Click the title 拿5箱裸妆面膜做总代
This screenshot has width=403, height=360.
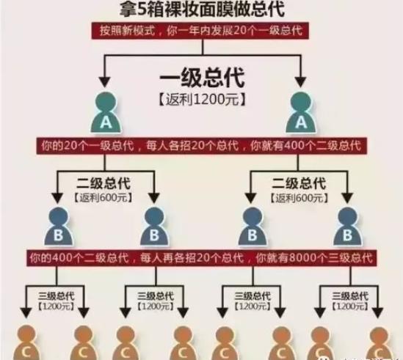coord(201,10)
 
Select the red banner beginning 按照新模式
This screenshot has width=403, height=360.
coord(201,32)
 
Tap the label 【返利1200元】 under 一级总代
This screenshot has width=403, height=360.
coord(201,96)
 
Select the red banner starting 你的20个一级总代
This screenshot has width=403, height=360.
coord(201,146)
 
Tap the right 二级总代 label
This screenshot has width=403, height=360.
coord(299,183)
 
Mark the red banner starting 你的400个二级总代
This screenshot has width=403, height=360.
coord(201,258)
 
